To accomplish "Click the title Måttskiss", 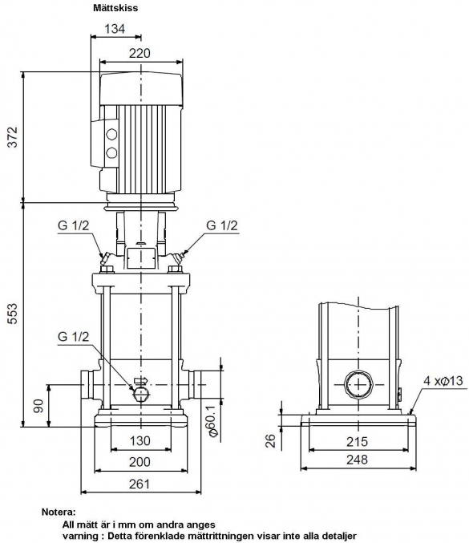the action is point(115,8).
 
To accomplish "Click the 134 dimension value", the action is point(115,29).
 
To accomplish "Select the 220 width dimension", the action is point(139,53).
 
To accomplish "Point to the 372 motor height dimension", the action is point(13,137).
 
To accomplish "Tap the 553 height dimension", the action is point(13,314).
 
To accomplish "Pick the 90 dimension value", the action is point(38,406).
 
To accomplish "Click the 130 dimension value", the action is point(140,441).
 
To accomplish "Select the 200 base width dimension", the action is point(139,462).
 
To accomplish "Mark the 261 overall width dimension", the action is point(139,484).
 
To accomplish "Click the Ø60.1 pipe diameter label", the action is point(212,420).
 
